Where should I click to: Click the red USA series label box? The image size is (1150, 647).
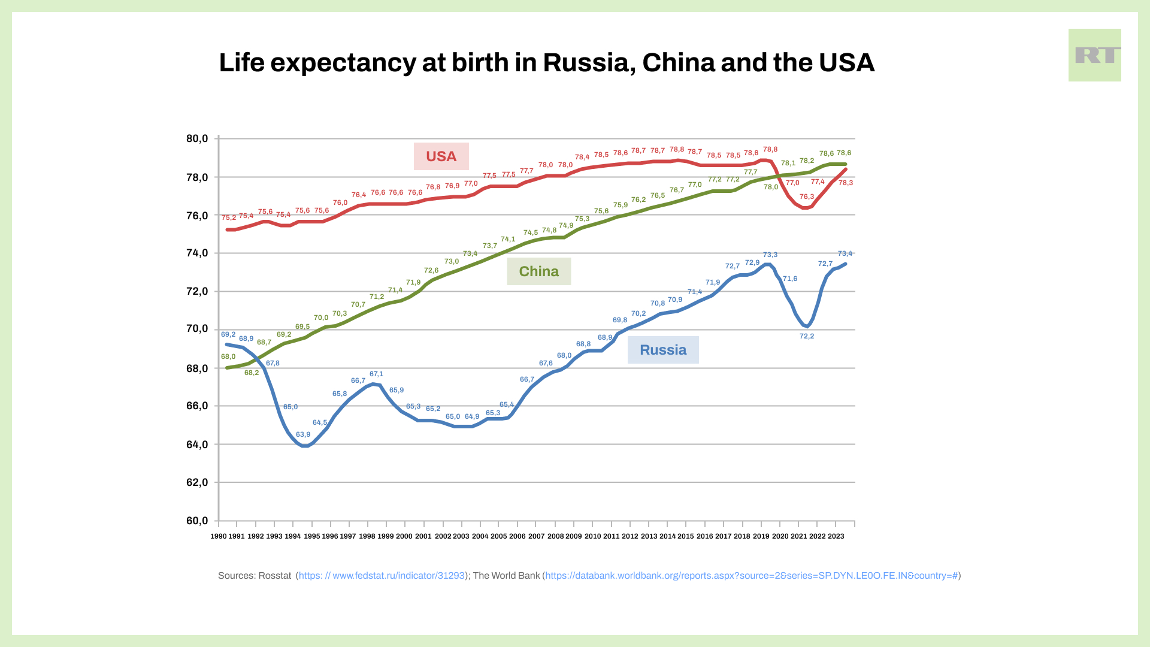pos(441,156)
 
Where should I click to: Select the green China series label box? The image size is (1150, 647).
pos(538,271)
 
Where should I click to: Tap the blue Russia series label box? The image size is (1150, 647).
pos(662,350)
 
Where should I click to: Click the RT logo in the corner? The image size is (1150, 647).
pos(1094,55)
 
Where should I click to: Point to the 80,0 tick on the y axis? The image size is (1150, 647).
pos(197,138)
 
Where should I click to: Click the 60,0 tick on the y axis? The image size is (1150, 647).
pos(197,521)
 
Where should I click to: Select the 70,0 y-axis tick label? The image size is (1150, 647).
pos(197,329)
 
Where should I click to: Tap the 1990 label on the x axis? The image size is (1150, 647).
pos(219,536)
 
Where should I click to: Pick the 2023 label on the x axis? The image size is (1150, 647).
pos(836,536)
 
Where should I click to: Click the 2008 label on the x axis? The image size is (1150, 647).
pos(555,536)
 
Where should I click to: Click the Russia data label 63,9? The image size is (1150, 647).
pos(303,434)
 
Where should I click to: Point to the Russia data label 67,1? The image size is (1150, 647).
pos(376,374)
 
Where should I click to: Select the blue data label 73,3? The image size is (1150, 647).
pos(770,255)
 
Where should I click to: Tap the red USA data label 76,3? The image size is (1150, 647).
pos(807,196)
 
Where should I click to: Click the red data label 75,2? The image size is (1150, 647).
pos(229,217)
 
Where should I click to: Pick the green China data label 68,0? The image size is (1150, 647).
pos(228,356)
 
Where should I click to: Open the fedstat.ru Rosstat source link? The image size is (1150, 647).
pos(382,576)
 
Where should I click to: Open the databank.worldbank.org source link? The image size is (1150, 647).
pos(751,576)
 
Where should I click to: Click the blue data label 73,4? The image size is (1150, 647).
pos(845,253)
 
